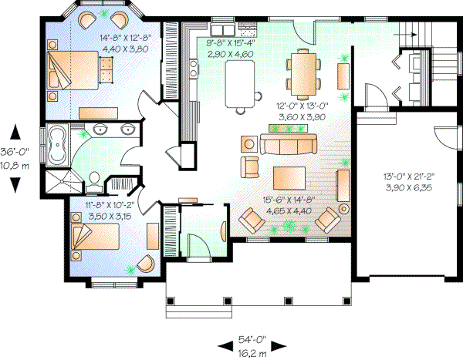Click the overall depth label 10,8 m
15,165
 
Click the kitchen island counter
240,81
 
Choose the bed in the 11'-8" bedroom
91,239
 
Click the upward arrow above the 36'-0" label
15,132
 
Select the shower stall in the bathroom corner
59,182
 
